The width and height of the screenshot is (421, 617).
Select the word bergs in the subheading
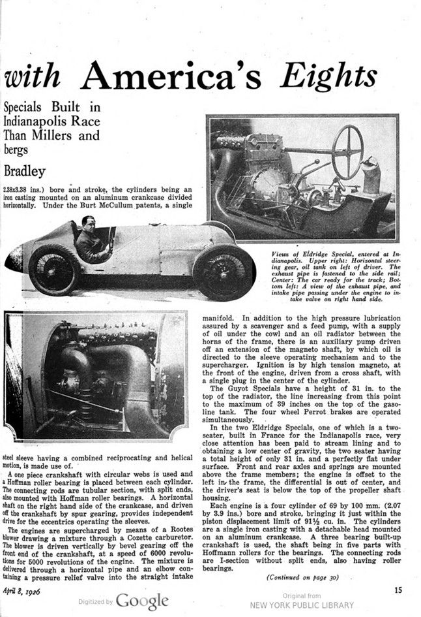(18, 151)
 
